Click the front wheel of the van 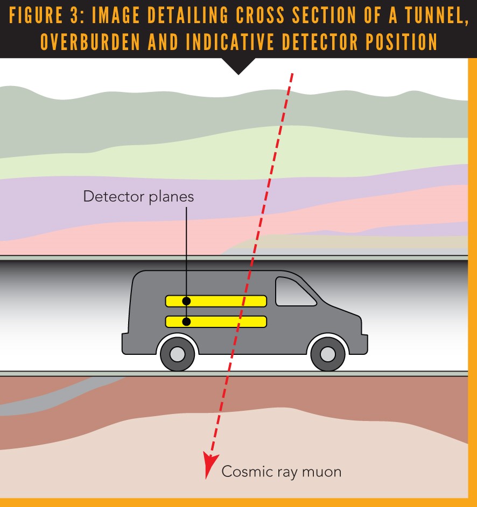327,354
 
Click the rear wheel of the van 177,354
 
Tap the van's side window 293,291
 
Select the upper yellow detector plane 215,301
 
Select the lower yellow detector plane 215,322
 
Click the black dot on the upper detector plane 186,301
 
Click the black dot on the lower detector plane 186,322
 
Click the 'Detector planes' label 138,196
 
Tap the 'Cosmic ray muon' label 282,472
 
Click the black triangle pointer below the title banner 238,66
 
